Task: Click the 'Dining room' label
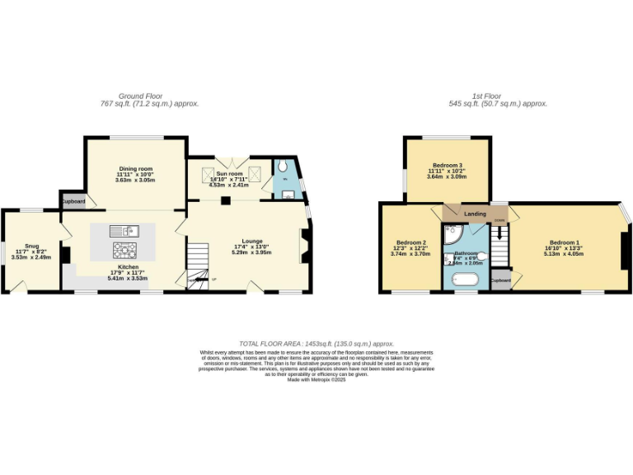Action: point(134,167)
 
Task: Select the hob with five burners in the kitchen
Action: point(124,247)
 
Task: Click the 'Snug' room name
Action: point(31,246)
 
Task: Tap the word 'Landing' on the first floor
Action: point(475,214)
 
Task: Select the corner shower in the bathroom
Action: point(452,237)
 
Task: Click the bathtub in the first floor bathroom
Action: point(466,280)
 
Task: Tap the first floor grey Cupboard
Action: point(499,280)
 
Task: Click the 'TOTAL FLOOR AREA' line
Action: point(316,343)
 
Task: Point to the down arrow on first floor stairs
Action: point(499,232)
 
